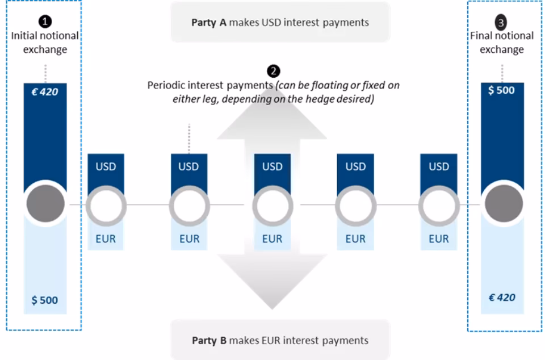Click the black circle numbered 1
(x=45, y=22)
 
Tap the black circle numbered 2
(x=273, y=71)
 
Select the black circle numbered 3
(x=501, y=23)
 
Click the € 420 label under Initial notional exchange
(x=44, y=92)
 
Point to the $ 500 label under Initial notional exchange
(x=44, y=300)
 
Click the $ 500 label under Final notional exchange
(x=501, y=90)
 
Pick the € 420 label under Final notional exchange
(x=502, y=298)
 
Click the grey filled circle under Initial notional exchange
(x=45, y=204)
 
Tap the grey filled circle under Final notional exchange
(x=504, y=204)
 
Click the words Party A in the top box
(x=209, y=23)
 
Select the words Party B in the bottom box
(x=209, y=341)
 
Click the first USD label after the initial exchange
(x=106, y=167)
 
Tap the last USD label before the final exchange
(x=439, y=167)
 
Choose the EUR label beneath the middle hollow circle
(x=272, y=239)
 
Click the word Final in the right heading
(x=481, y=35)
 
